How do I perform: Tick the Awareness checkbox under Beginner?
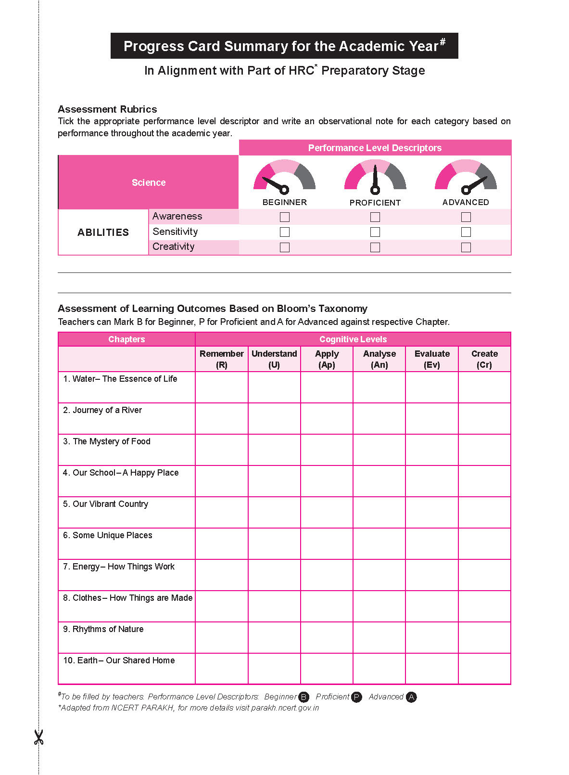(285, 217)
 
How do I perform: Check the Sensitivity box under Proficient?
(375, 232)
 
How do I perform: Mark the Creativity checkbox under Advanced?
(466, 247)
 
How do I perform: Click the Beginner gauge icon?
(284, 176)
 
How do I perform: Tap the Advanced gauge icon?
(466, 176)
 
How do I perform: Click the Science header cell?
(149, 182)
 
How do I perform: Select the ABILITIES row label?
(103, 232)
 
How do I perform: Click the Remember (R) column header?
(222, 359)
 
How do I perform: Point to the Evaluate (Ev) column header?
(432, 359)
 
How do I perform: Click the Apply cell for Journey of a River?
(327, 418)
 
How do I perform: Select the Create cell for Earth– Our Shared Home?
(484, 669)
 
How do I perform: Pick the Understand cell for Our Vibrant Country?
(274, 512)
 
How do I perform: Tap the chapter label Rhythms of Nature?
(108, 629)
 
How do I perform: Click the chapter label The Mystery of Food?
(111, 441)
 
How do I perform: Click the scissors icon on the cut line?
(38, 737)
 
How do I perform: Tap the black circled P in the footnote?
(356, 697)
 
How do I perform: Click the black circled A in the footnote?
(411, 697)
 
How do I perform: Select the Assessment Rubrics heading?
(107, 109)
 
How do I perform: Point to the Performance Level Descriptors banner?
(375, 148)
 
